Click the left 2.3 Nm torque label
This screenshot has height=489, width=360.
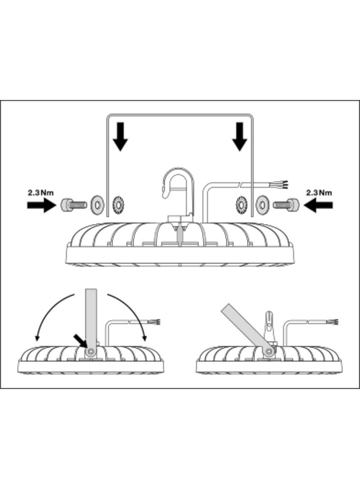click(40, 193)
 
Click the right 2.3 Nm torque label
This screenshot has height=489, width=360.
click(319, 193)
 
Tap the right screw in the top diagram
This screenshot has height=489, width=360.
click(286, 205)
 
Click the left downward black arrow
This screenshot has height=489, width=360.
click(120, 136)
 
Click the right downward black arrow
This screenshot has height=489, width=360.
click(239, 136)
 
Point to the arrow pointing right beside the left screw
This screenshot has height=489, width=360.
click(41, 205)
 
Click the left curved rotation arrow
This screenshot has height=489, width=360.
click(51, 317)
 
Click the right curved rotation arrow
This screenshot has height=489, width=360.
click(131, 317)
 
